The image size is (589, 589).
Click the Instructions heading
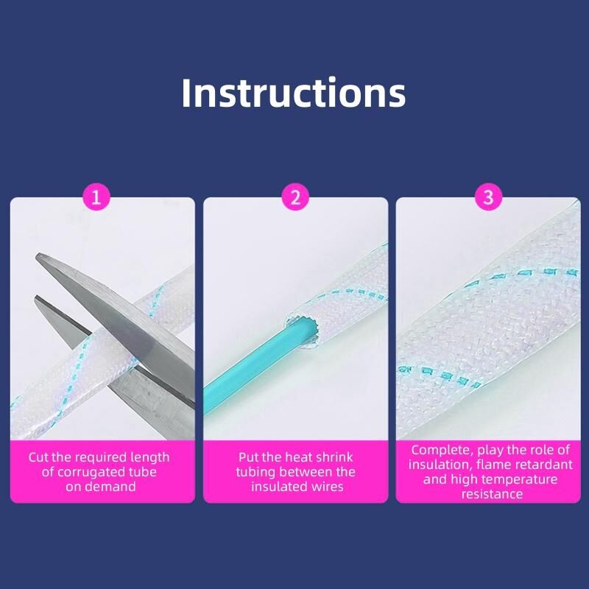(293, 93)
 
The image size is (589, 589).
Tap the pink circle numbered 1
(96, 197)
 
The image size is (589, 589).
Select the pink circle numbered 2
(296, 197)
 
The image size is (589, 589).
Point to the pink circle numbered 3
(488, 197)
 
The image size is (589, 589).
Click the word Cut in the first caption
(38, 457)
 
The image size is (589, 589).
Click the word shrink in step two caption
(334, 457)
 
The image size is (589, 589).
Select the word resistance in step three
(492, 494)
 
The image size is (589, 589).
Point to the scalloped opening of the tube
(301, 331)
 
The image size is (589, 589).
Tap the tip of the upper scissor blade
(37, 255)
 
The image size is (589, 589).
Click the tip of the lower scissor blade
(36, 298)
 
